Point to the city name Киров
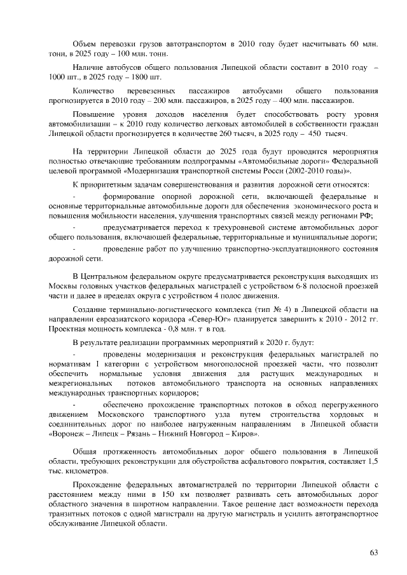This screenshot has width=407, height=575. point(244,433)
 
